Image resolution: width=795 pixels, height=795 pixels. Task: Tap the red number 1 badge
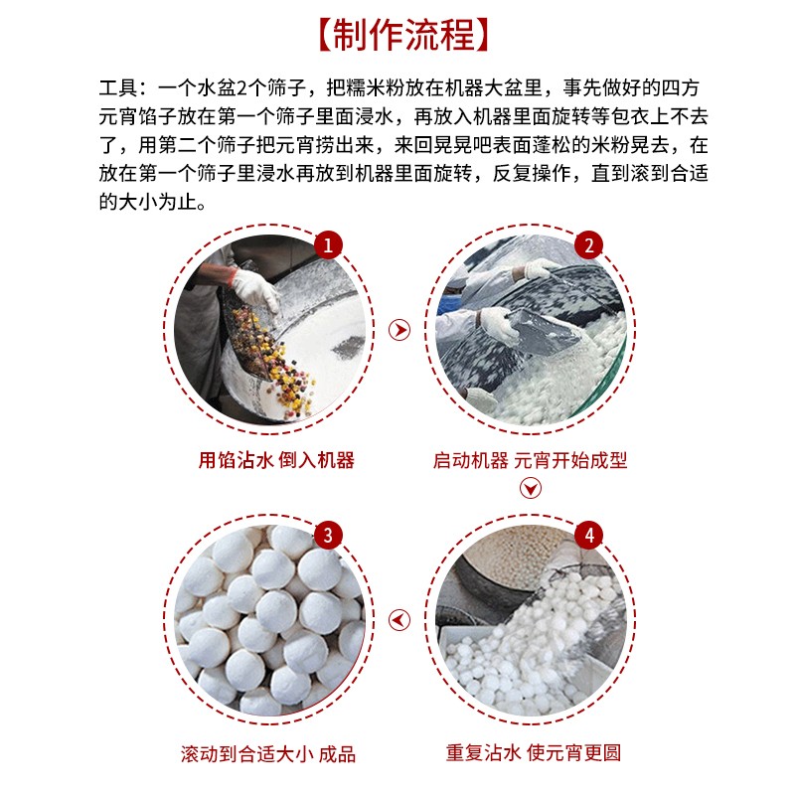[328, 245]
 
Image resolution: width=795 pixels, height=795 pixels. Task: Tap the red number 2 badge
[589, 245]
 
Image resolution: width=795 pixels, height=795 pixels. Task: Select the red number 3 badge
[328, 537]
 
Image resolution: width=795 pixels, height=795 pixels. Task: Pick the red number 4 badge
[589, 537]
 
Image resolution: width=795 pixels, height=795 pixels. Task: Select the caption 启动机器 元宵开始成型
[531, 460]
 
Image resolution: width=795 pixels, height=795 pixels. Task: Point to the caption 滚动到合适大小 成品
[268, 753]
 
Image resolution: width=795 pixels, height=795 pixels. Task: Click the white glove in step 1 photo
[254, 288]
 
